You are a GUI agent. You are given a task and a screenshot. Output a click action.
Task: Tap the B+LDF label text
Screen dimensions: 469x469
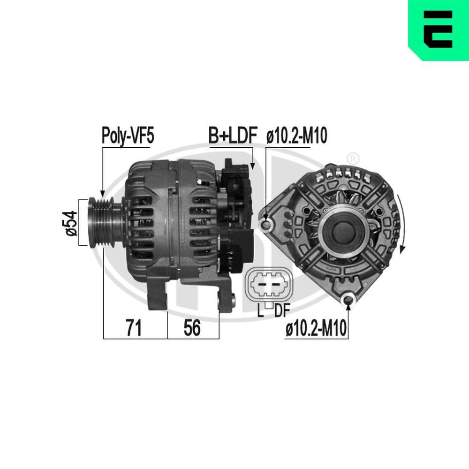point(233,136)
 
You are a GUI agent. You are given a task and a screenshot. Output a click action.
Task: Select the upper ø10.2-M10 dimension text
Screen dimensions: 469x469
point(296,136)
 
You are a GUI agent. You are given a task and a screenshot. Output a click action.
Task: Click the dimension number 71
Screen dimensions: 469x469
point(134,328)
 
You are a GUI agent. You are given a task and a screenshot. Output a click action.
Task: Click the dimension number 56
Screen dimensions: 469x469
point(192,328)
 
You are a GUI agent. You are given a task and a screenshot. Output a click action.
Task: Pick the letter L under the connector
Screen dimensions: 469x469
point(260,310)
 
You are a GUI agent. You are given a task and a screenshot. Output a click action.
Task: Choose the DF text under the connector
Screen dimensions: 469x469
point(281,310)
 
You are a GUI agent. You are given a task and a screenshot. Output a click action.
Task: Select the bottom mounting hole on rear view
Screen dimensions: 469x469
point(348,299)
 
